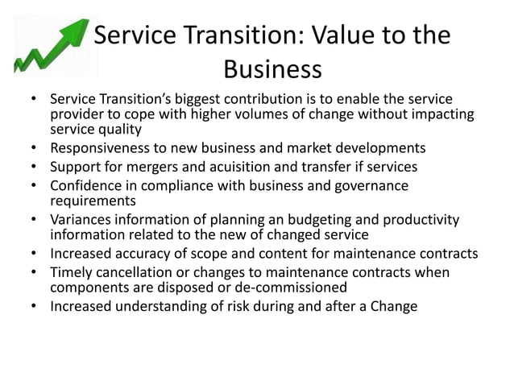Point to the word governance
pos(368,187)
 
